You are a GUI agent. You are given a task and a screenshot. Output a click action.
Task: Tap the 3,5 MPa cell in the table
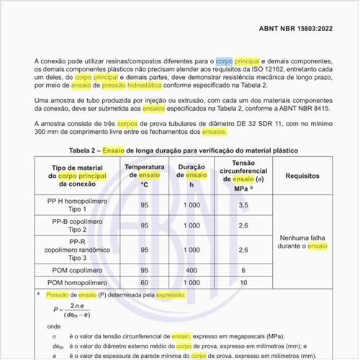coord(243,205)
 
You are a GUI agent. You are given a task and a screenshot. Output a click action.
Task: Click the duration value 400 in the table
coord(191,269)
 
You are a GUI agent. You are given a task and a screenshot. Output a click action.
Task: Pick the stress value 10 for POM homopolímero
coord(243,282)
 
